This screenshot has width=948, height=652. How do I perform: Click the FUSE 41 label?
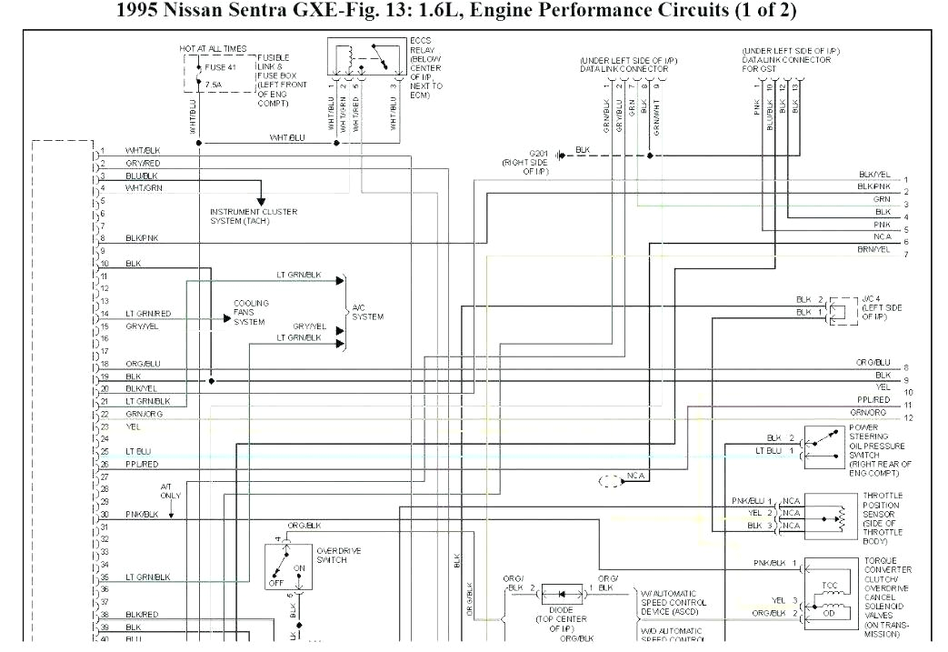coord(219,66)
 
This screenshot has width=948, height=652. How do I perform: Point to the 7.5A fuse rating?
coord(214,85)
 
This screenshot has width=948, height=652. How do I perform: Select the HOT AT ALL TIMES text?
coord(212,47)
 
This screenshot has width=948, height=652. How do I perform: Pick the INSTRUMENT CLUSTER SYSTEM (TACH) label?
coord(254,216)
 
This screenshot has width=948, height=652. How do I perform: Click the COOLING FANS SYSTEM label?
coord(251,313)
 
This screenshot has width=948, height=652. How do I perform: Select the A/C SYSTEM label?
coord(367,312)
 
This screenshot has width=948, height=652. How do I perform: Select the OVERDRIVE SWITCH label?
coord(333,555)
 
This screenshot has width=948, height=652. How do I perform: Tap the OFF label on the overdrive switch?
coord(274,583)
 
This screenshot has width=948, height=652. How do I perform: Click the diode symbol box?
coord(564,594)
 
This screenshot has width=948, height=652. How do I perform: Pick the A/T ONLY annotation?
coord(170,491)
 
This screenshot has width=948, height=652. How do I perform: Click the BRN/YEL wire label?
coord(873,249)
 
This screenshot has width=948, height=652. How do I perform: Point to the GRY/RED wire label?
coord(143,163)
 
